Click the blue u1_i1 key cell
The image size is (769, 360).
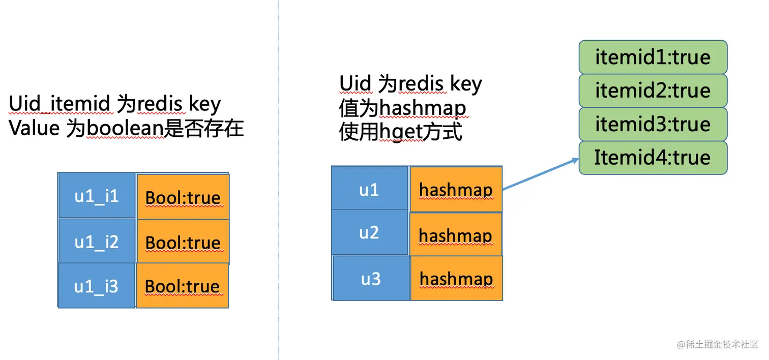click(x=97, y=196)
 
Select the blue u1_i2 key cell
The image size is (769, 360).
click(x=97, y=241)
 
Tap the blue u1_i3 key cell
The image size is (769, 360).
click(x=97, y=285)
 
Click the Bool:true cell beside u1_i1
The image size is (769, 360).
click(x=183, y=197)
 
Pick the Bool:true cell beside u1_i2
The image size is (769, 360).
click(x=183, y=242)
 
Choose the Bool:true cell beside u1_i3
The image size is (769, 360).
click(x=182, y=286)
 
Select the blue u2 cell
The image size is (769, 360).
click(x=369, y=232)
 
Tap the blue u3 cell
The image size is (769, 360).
click(x=371, y=278)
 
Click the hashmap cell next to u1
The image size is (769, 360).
click(x=456, y=189)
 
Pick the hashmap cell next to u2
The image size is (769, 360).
click(x=456, y=234)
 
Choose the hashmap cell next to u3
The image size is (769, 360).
click(x=456, y=278)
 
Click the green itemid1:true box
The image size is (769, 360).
click(x=653, y=57)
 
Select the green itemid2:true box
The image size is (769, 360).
click(x=653, y=91)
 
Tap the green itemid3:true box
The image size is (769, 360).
click(x=653, y=124)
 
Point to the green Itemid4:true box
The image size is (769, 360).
click(x=653, y=158)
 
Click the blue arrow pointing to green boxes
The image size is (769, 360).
click(x=540, y=174)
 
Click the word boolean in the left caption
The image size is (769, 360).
click(x=124, y=129)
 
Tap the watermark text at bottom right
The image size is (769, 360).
click(x=717, y=345)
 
